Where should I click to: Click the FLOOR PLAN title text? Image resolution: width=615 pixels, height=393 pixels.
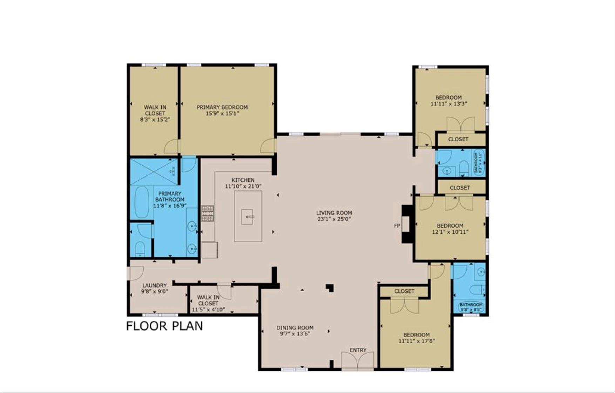164,326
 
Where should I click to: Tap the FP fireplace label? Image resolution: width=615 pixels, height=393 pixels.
397,226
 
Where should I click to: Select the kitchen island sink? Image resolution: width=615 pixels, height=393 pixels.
247,217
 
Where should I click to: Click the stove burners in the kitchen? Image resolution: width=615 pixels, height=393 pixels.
208,213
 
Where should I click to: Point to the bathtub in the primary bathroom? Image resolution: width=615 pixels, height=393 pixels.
142,202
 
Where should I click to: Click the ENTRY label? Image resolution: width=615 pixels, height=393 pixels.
358,350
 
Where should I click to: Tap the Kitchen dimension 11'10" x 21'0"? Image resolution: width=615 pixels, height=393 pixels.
243,186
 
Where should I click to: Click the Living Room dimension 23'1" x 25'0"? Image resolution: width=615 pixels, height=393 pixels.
334,219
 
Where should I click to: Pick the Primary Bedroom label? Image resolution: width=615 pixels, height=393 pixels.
222,107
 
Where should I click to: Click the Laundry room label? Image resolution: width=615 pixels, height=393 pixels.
154,286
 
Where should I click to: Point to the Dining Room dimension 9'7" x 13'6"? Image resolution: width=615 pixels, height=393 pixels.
295,334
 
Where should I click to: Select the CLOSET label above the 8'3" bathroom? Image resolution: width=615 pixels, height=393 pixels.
458,139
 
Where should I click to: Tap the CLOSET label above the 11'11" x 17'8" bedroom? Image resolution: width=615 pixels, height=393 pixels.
404,291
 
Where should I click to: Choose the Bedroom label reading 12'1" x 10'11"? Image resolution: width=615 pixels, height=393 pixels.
450,226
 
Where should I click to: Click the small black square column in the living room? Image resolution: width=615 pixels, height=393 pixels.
330,288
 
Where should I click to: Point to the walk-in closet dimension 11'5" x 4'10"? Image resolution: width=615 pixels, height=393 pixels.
208,309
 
